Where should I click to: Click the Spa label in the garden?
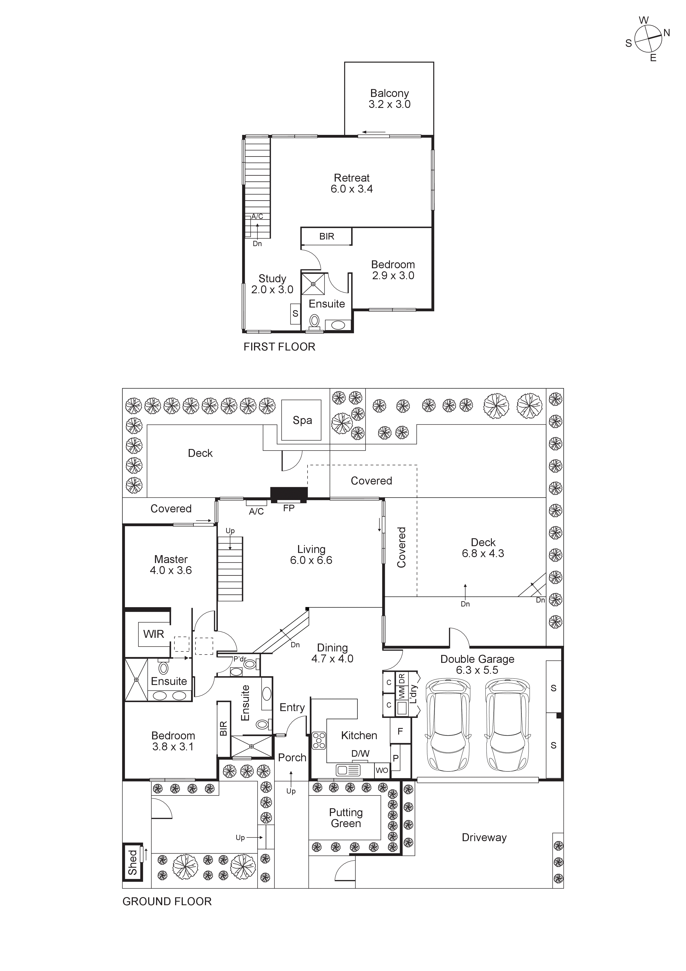(302, 420)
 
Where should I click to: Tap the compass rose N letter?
(666, 33)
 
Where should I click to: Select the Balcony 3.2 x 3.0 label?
(389, 98)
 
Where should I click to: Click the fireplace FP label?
(289, 508)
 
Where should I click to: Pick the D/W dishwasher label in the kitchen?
(360, 754)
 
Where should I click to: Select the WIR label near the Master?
(153, 634)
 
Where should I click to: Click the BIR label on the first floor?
(326, 236)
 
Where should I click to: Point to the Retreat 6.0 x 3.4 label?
(352, 183)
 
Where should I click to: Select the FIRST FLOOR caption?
(279, 347)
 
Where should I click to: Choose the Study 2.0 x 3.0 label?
(272, 284)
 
